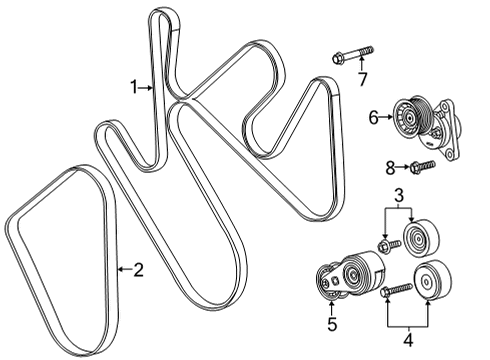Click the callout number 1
133,88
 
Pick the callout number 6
373,117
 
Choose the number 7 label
363,78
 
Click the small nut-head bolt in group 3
383,243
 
